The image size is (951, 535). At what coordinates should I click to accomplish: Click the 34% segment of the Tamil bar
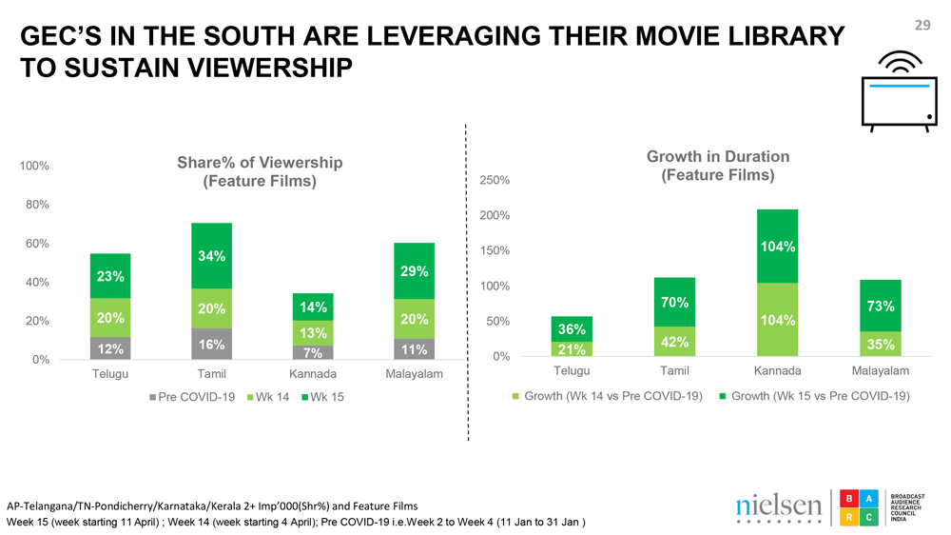click(x=211, y=255)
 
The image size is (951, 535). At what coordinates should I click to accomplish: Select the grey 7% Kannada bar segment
click(x=312, y=352)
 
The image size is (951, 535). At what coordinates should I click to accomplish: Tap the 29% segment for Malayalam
click(x=414, y=270)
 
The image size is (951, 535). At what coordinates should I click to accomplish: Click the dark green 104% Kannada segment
click(x=778, y=246)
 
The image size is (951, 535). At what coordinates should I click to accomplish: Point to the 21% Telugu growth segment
click(x=572, y=348)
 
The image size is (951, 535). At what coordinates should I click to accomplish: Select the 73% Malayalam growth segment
click(x=880, y=306)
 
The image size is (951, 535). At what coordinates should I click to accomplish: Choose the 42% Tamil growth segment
click(x=675, y=342)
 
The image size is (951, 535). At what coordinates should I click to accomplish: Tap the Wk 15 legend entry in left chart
click(x=322, y=396)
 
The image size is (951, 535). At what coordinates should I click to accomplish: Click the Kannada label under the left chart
click(x=313, y=374)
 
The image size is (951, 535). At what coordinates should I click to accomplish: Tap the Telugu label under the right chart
click(x=572, y=370)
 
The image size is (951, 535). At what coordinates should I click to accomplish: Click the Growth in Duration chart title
click(x=718, y=166)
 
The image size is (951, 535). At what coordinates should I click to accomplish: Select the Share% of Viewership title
click(x=260, y=171)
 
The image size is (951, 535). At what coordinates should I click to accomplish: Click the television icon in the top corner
click(x=899, y=95)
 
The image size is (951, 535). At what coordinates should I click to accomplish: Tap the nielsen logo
click(x=779, y=506)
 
